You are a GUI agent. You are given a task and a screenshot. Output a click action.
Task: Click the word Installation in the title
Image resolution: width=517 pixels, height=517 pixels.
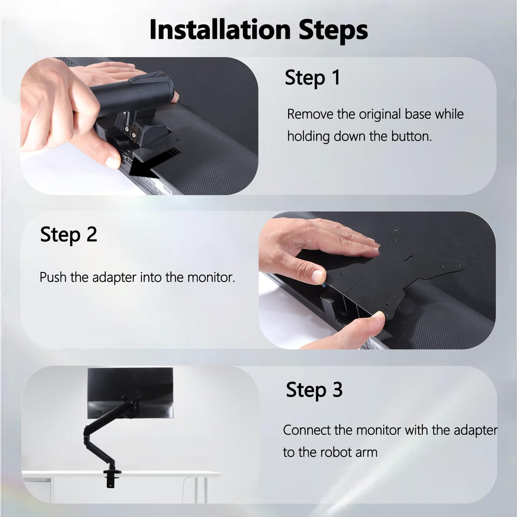[220, 30]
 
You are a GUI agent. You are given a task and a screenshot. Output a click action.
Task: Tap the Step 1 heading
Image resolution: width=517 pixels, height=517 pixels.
[312, 78]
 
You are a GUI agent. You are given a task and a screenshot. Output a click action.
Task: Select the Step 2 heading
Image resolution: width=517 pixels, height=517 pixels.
[69, 234]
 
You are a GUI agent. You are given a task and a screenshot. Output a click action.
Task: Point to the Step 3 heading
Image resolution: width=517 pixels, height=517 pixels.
[314, 390]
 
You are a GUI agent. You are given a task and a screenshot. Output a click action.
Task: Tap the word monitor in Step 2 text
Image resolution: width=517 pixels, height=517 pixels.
[211, 277]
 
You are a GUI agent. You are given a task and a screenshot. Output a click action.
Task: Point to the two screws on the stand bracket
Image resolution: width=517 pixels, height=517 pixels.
[130, 131]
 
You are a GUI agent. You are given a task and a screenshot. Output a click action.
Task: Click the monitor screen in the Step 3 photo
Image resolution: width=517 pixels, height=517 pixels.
[130, 393]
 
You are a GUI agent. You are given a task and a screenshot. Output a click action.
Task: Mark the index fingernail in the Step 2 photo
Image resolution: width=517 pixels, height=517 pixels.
[318, 276]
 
